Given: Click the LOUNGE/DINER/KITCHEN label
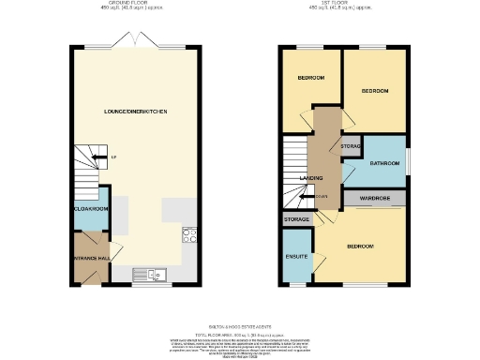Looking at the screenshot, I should click(x=136, y=112).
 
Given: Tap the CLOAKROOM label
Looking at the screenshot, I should click(x=92, y=209).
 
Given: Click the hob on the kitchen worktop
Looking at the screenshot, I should click(x=187, y=236).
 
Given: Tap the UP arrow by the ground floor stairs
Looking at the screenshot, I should click(x=112, y=157).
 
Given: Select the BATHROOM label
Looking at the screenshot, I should click(x=384, y=162).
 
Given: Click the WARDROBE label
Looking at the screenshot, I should click(x=373, y=198).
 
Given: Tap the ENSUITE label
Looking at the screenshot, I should click(x=297, y=255).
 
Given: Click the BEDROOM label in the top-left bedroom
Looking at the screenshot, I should click(x=310, y=77).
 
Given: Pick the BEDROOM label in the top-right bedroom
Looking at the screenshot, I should click(x=374, y=91).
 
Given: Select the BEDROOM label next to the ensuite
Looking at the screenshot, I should click(x=361, y=246).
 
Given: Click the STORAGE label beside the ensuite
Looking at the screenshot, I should click(x=296, y=219).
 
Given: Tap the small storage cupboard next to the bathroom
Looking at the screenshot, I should click(x=350, y=147).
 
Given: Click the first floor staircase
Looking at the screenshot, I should click(x=297, y=173).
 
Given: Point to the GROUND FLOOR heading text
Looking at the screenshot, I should click(x=137, y=5).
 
